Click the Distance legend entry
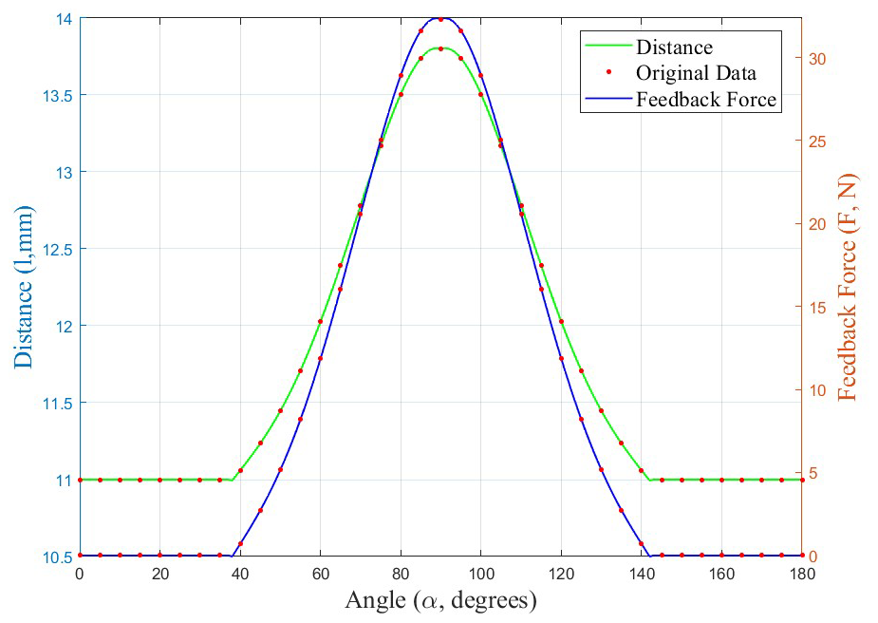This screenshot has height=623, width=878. [674, 47]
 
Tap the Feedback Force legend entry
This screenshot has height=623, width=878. [706, 100]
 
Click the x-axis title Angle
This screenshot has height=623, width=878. [440, 600]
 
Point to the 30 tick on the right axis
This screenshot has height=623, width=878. [816, 58]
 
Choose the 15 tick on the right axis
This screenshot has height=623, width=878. [816, 307]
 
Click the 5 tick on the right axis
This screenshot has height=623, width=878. [813, 473]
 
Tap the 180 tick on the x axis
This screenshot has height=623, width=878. [802, 574]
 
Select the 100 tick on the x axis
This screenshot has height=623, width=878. [481, 574]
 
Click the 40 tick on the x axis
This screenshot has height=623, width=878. [240, 574]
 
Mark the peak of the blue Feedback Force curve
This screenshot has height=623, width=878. [440, 18]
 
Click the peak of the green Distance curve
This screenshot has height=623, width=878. [440, 48]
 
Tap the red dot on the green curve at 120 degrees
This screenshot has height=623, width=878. [561, 322]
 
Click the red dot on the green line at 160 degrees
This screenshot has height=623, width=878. [721, 480]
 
